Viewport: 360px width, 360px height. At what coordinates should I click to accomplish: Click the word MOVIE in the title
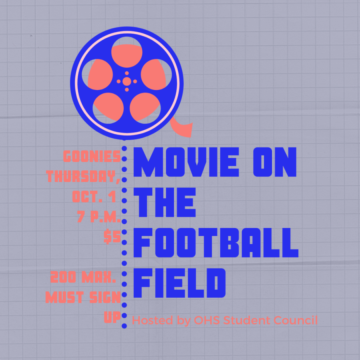[186, 162]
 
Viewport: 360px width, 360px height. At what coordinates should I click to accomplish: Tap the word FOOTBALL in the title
[216, 243]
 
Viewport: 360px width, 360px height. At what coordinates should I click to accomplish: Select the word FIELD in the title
[180, 283]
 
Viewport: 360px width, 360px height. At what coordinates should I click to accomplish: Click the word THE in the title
[165, 202]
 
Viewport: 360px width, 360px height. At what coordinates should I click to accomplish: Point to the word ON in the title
[275, 162]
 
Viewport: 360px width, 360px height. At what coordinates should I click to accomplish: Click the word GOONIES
[92, 156]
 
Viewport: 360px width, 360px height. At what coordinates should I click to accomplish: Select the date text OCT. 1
[94, 196]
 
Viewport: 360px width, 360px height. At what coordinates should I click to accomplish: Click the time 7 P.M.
[99, 216]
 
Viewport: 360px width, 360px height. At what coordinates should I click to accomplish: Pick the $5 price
[112, 237]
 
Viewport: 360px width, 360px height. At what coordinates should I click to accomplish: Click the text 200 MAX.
[83, 277]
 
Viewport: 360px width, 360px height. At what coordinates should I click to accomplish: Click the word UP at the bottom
[112, 317]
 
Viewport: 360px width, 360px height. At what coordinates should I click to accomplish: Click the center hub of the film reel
[127, 81]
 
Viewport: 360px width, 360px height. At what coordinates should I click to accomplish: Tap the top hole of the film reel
[127, 52]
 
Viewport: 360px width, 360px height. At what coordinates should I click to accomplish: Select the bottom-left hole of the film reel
[108, 108]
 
